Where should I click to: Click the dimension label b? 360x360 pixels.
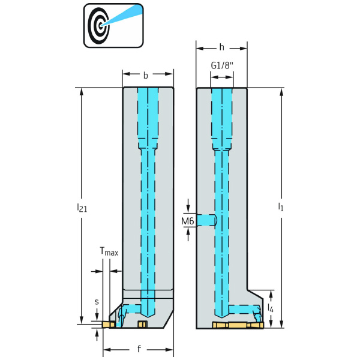pyautogui.click(x=145, y=76)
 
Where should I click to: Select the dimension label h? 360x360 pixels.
pyautogui.click(x=222, y=47)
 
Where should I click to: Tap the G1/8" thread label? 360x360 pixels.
pyautogui.click(x=221, y=65)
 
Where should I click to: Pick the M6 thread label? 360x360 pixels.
pyautogui.click(x=187, y=221)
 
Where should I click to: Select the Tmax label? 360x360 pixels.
pyautogui.click(x=109, y=253)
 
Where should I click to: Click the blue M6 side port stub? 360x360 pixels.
pyautogui.click(x=207, y=220)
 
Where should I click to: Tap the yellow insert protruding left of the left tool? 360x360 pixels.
pyautogui.click(x=108, y=325)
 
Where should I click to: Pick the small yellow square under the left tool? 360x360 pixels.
pyautogui.click(x=142, y=325)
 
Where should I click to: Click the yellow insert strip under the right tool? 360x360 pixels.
pyautogui.click(x=238, y=325)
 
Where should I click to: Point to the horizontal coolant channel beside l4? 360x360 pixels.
pyautogui.click(x=243, y=308)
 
